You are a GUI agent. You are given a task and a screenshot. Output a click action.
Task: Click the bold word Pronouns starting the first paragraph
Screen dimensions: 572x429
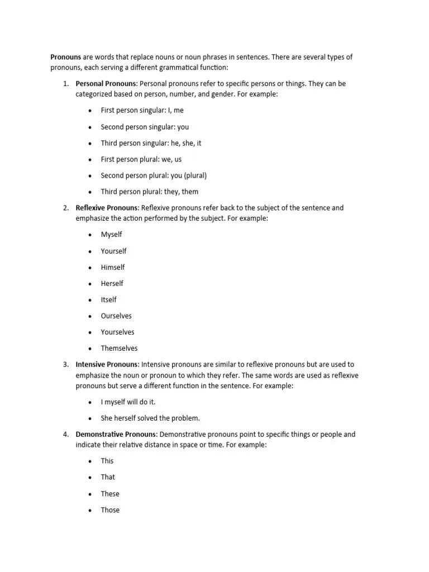pos(66,57)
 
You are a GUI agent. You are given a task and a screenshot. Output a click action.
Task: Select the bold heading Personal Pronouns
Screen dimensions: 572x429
pos(106,84)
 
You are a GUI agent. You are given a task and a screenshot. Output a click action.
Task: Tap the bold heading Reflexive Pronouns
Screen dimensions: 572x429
pos(107,208)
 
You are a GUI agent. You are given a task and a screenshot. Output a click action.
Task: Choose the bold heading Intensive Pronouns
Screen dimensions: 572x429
pos(106,364)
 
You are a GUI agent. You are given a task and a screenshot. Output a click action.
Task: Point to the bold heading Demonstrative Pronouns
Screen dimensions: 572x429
pos(117,434)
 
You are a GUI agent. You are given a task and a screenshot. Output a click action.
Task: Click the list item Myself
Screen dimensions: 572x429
pos(111,235)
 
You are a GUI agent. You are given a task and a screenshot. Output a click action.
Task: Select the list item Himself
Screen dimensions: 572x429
pos(113,267)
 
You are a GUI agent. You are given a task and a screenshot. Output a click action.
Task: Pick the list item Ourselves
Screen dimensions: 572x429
pos(116,316)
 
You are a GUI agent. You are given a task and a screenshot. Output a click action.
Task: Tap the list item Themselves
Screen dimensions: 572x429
pos(119,348)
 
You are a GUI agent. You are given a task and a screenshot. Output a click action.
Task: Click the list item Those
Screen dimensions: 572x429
pos(110,509)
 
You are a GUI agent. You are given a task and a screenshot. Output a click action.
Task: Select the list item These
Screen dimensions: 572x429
pos(110,493)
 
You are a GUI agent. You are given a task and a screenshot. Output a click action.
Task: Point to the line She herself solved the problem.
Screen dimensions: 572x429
pos(150,418)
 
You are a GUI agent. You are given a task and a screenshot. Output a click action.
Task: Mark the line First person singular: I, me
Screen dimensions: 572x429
pos(142,111)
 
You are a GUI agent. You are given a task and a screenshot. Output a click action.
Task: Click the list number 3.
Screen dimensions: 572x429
pos(65,364)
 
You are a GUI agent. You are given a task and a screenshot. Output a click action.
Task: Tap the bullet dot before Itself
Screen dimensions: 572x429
pos(89,300)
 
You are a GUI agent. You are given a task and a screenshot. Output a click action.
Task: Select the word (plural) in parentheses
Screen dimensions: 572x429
pos(193,175)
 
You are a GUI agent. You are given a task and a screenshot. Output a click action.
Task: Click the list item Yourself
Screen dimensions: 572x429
pos(113,251)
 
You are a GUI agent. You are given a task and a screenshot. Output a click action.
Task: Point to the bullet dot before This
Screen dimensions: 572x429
pos(89,461)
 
